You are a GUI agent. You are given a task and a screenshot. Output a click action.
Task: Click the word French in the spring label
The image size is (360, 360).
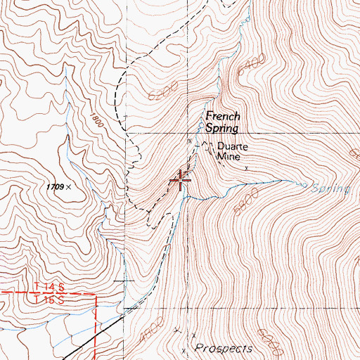[x=222, y=117]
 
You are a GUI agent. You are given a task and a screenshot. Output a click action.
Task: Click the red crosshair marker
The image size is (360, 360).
[x=181, y=180]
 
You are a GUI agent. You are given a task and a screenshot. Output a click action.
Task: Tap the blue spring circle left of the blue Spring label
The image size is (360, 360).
[x=304, y=186]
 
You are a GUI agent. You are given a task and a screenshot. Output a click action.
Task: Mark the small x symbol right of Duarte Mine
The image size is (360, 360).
[x=246, y=168]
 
